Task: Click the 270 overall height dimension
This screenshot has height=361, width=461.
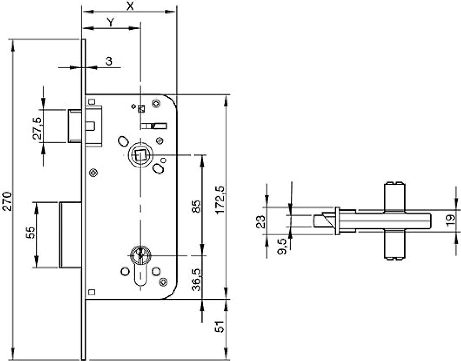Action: point(7,201)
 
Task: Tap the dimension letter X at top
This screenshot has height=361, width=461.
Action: point(130,6)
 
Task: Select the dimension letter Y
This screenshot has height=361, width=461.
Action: point(110,22)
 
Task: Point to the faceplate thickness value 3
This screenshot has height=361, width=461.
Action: point(109,61)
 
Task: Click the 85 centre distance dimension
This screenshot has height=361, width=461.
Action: point(197,206)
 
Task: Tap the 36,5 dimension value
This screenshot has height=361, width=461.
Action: point(197,280)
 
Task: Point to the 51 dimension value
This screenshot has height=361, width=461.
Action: point(220,327)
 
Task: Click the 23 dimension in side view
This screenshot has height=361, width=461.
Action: point(261,221)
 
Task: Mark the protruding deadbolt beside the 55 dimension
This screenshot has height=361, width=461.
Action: point(70,235)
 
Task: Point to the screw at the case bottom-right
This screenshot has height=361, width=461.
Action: point(163,281)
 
